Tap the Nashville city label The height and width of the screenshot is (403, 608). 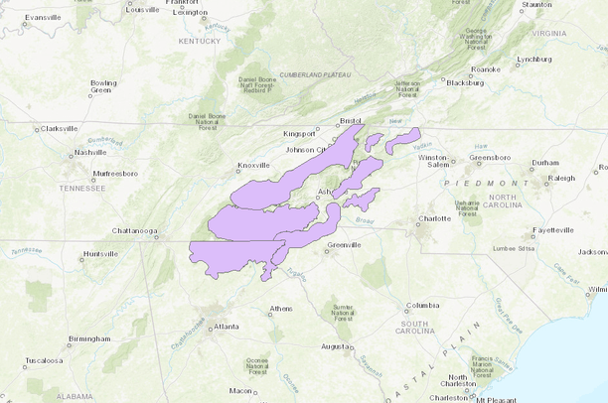point(90,152)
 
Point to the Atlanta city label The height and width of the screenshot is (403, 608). point(226,326)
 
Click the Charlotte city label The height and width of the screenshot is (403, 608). point(433,218)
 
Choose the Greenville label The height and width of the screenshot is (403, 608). point(344,244)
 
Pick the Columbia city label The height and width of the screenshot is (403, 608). point(421,305)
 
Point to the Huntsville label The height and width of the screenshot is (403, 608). point(99,254)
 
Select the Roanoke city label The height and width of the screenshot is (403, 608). point(486,69)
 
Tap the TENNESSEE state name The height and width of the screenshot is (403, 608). point(88,188)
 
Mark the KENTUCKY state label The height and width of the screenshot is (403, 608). point(199,41)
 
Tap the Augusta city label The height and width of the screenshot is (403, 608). point(335,346)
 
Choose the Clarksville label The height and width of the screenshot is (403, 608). point(58,128)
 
